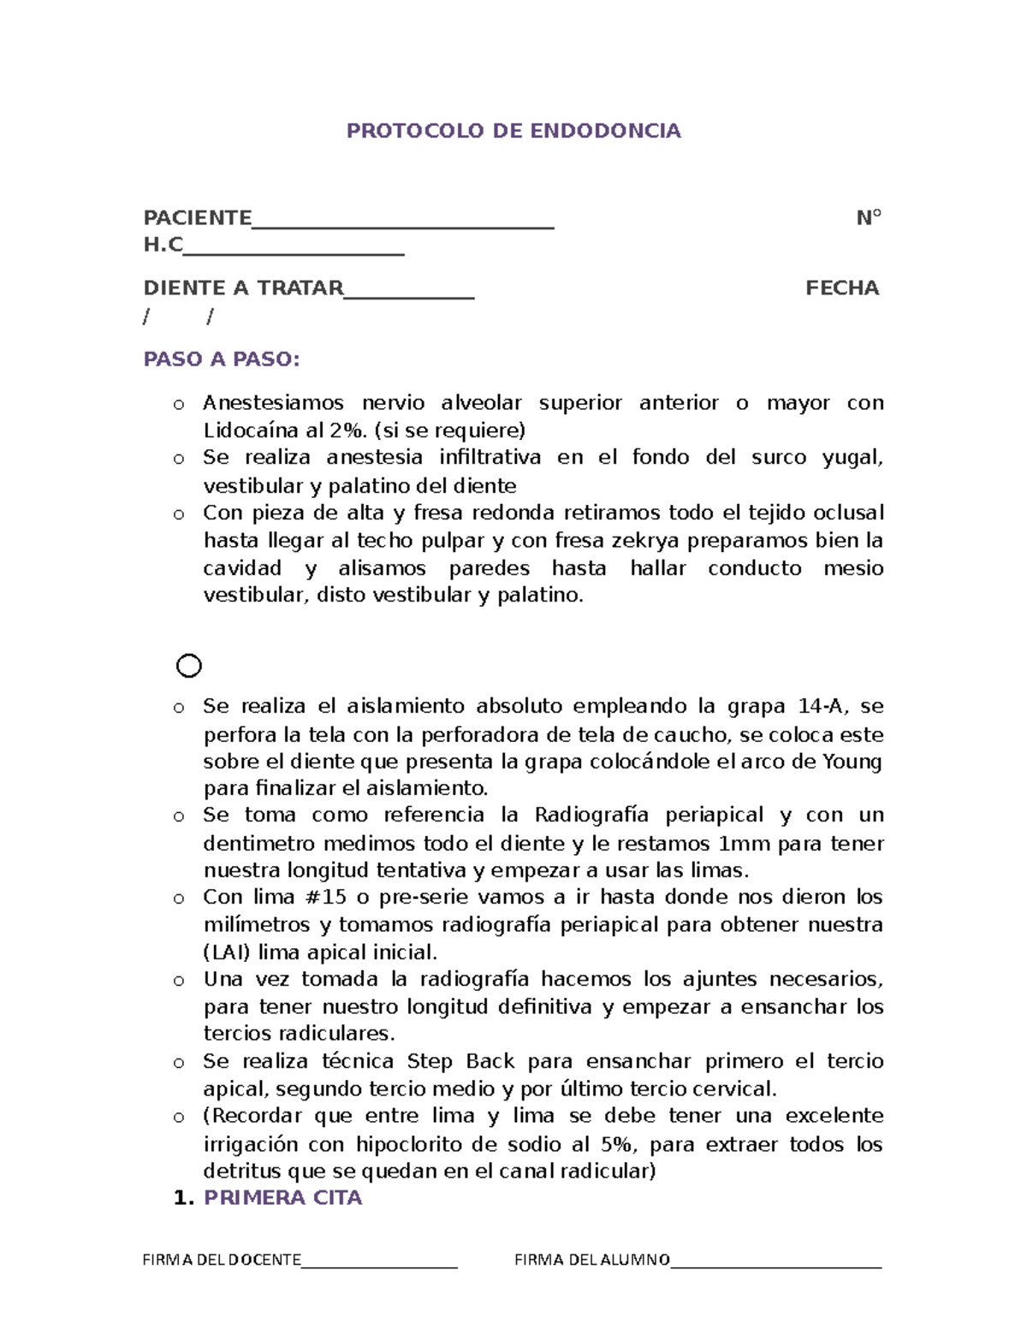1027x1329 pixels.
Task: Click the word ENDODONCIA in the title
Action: click(605, 131)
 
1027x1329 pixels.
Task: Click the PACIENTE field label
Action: click(197, 217)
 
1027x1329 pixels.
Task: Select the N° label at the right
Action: click(869, 217)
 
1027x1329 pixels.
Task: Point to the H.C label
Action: click(163, 245)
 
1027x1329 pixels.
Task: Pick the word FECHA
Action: click(842, 288)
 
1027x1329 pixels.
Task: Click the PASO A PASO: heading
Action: click(222, 359)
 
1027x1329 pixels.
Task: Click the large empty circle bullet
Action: click(189, 666)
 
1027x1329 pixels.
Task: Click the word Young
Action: click(852, 761)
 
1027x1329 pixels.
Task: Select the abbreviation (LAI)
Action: click(227, 952)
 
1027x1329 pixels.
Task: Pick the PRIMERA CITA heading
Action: click(282, 1197)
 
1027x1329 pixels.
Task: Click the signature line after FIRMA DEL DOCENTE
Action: click(379, 1265)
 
